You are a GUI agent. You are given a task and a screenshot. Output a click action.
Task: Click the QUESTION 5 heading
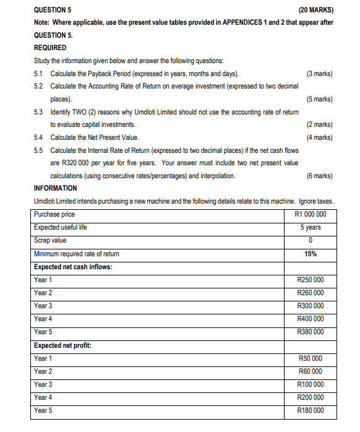coord(53,9)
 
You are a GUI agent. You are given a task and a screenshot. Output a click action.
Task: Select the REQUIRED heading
coord(50,48)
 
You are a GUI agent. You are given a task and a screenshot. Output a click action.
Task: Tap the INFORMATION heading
coord(56,188)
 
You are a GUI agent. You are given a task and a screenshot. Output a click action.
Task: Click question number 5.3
coord(39,112)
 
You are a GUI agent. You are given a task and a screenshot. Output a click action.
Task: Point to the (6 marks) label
coord(319,176)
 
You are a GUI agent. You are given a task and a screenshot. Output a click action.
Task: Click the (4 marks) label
coord(319,137)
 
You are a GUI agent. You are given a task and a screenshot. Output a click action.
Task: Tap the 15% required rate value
coord(311,254)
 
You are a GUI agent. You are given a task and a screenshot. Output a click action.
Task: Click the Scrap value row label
coord(51,240)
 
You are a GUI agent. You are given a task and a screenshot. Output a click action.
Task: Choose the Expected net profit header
coord(63,345)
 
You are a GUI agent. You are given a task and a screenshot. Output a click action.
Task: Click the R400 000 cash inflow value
coord(311,319)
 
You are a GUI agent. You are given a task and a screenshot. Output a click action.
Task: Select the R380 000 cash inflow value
coord(311,332)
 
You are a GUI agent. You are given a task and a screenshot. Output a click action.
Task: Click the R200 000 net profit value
coord(311,397)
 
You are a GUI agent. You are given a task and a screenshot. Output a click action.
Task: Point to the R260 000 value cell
coord(311,293)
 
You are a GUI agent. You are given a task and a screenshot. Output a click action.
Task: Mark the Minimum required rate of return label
coord(77,254)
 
